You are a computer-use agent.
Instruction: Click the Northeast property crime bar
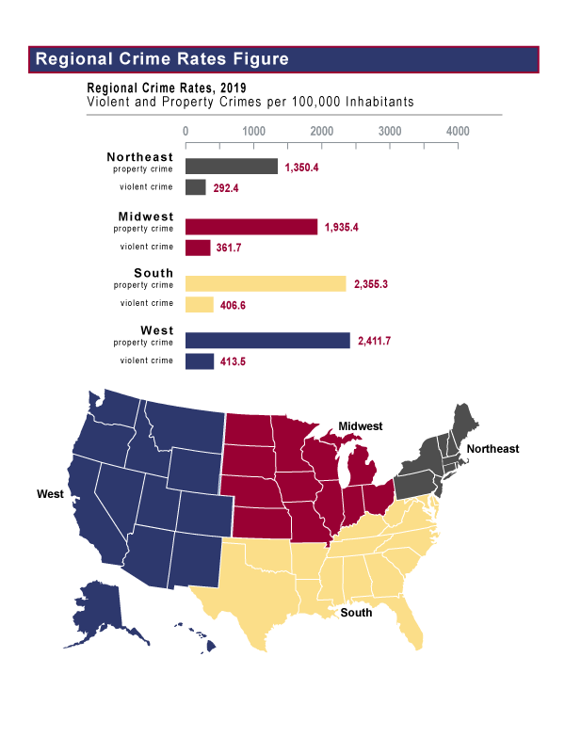232,167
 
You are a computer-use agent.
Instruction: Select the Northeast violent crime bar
196,187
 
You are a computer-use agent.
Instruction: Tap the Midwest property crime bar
251,227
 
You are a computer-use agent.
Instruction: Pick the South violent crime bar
200,304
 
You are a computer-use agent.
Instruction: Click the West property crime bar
267,340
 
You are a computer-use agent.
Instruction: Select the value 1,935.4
345,228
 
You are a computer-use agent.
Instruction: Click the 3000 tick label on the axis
390,131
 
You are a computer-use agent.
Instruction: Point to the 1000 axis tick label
253,131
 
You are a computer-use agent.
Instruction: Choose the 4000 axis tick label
458,131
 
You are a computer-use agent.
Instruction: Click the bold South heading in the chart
153,273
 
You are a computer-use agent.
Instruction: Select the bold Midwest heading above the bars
146,216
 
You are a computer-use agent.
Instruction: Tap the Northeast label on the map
492,449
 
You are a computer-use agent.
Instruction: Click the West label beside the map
50,493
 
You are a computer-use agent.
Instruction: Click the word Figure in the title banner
257,59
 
